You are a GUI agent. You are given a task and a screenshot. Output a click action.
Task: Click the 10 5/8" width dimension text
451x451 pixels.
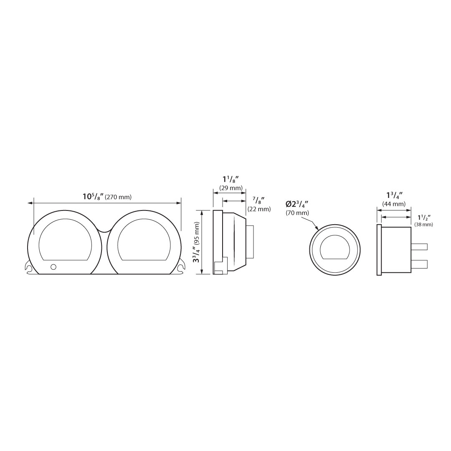[93, 196]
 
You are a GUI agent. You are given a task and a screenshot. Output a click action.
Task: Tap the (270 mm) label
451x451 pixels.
[118, 197]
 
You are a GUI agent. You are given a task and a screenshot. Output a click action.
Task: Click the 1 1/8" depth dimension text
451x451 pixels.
[231, 180]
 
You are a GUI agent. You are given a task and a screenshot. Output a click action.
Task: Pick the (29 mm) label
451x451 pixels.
[231, 188]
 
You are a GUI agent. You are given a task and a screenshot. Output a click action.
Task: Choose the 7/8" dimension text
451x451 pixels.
[259, 200]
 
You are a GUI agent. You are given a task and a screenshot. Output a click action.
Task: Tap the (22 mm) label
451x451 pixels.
[259, 209]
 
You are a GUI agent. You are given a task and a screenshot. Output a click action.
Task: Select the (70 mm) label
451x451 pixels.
[297, 213]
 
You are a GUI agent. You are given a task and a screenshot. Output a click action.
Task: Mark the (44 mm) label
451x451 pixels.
[394, 204]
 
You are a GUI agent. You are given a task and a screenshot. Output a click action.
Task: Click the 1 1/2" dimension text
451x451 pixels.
[424, 217]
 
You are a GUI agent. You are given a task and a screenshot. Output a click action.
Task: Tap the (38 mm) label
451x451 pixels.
[424, 225]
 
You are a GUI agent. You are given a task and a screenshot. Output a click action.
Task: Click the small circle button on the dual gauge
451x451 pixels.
[53, 267]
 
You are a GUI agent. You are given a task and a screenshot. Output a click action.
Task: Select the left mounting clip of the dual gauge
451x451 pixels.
[29, 267]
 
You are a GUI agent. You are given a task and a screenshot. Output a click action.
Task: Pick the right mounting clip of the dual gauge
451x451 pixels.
[181, 267]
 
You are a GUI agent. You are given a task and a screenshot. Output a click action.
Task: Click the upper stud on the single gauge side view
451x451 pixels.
[419, 247]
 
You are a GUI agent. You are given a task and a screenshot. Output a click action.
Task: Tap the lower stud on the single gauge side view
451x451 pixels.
[419, 264]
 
